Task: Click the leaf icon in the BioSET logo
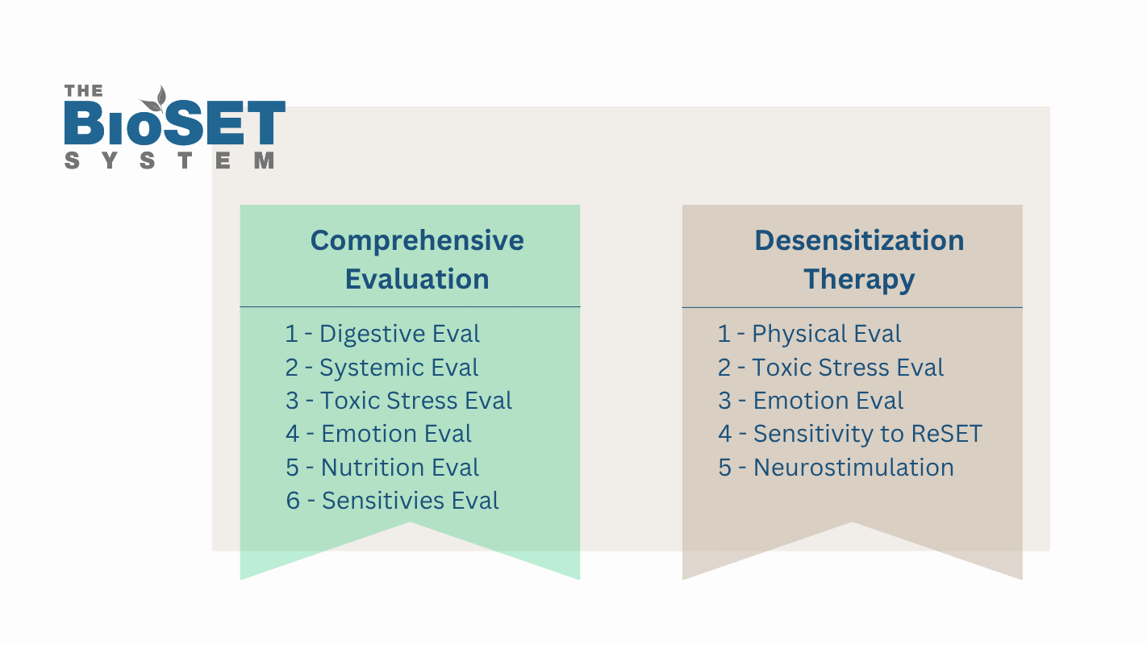pos(155,99)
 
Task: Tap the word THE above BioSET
pos(83,91)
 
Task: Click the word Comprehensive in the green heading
pos(417,241)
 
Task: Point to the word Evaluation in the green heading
pos(417,279)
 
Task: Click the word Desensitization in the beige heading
pos(859,240)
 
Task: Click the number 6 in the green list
pos(293,501)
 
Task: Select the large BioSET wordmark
pos(174,123)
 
